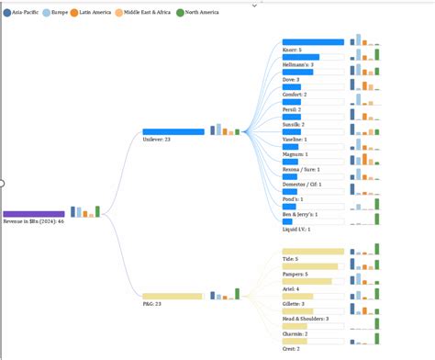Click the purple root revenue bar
(34, 214)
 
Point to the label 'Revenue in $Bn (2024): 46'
(34, 221)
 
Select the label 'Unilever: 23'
(157, 140)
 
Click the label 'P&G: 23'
(151, 303)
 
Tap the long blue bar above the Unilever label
(173, 132)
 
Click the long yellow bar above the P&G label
(172, 296)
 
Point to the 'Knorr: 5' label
(293, 50)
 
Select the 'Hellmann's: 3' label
(298, 64)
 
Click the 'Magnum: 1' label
(296, 154)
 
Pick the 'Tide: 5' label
(292, 259)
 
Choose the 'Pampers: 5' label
(296, 274)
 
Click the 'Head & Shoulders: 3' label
(306, 319)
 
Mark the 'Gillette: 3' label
(296, 304)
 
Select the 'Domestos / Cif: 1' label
(302, 185)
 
